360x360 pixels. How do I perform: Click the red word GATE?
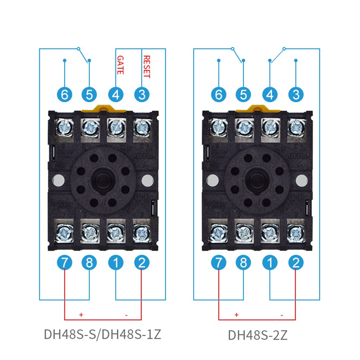[120, 65]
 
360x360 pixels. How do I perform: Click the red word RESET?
[147, 67]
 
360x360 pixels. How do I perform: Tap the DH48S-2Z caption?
[258, 335]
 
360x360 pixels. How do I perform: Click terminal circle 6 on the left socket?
[65, 95]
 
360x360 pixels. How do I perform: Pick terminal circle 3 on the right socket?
[296, 95]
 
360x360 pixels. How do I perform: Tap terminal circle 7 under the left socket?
[65, 263]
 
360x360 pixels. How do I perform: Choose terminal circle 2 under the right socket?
[296, 263]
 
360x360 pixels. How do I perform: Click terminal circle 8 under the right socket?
[244, 263]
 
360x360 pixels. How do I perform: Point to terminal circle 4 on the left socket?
[116, 95]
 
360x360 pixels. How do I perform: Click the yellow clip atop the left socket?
[102, 109]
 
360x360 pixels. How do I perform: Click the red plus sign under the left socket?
[81, 315]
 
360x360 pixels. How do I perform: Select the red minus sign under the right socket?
[282, 315]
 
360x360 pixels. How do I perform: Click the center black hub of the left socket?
[103, 179]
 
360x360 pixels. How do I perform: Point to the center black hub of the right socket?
[257, 179]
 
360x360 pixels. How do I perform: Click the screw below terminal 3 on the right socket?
[296, 127]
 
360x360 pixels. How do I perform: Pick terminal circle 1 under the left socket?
[116, 263]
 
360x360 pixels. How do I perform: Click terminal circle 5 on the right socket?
[244, 95]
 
